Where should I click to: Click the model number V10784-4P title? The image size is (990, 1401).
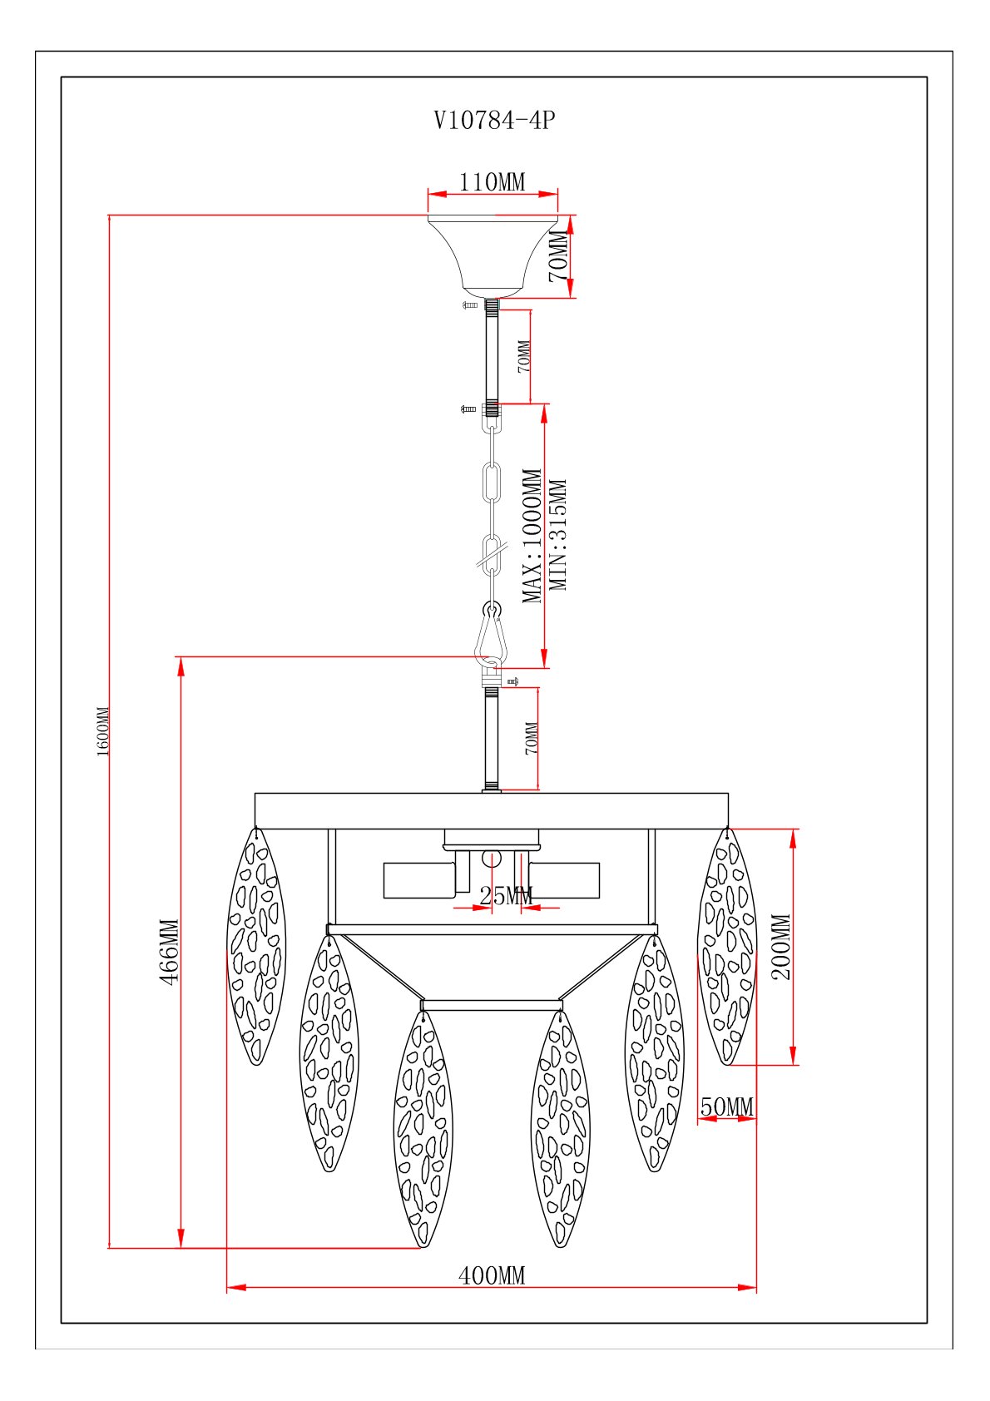[494, 121]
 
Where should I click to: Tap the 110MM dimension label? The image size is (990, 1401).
[493, 181]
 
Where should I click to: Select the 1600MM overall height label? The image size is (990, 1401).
[103, 730]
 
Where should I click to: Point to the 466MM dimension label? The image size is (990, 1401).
[170, 952]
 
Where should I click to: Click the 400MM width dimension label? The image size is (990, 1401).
[493, 1275]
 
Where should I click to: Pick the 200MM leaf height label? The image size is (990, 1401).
[781, 947]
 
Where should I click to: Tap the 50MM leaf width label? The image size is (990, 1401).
[726, 1107]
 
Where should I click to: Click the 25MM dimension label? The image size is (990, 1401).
[506, 896]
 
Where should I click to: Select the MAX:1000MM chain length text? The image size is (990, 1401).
[532, 536]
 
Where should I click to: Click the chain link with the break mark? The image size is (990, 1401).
[493, 553]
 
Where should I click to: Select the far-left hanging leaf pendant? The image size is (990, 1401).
[256, 946]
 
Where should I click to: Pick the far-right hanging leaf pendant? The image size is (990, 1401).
[727, 946]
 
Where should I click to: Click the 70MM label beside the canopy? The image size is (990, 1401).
[560, 257]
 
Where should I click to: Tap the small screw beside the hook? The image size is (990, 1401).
[512, 681]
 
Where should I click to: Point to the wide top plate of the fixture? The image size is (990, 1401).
[492, 810]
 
